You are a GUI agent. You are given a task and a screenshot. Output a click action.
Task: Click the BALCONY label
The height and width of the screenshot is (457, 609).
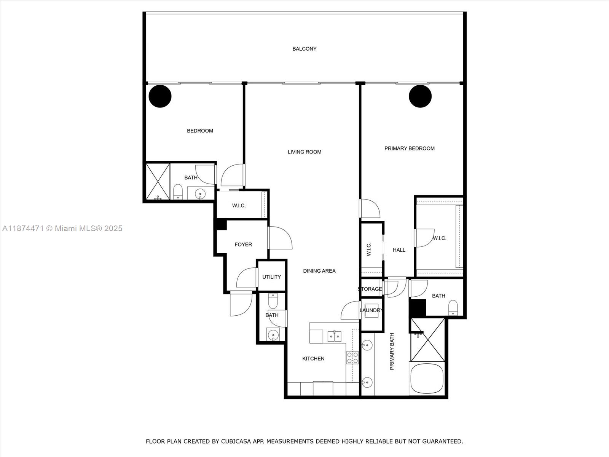pyautogui.click(x=304, y=49)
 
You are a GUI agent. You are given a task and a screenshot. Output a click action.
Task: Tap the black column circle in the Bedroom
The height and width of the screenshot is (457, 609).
pyautogui.click(x=160, y=96)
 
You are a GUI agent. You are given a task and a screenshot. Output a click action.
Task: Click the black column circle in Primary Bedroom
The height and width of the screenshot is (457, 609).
pyautogui.click(x=420, y=96)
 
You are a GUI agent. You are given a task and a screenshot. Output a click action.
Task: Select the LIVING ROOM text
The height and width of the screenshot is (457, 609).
pyautogui.click(x=304, y=152)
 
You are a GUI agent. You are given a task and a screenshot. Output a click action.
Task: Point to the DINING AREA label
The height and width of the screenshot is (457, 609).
pyautogui.click(x=319, y=271)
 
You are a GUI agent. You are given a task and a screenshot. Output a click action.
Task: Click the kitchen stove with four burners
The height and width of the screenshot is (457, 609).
pyautogui.click(x=352, y=358)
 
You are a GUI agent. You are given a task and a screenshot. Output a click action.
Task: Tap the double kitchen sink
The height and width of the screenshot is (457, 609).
pyautogui.click(x=335, y=336)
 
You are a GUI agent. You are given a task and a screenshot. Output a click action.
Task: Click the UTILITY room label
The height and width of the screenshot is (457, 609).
pyautogui.click(x=271, y=277)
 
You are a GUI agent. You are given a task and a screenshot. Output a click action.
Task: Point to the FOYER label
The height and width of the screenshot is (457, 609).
pyautogui.click(x=243, y=244)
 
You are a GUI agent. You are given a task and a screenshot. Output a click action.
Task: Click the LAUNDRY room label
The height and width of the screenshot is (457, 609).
pyautogui.click(x=371, y=310)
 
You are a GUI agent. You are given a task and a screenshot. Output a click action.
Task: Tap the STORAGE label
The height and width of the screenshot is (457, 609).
pyautogui.click(x=370, y=289)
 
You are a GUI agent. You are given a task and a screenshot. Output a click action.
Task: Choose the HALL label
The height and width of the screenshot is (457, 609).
pyautogui.click(x=399, y=250)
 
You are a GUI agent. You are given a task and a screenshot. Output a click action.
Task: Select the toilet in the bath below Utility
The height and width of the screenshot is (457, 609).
pyautogui.click(x=273, y=302)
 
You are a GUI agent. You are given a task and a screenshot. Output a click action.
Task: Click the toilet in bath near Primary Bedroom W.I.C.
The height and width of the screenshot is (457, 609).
pyautogui.click(x=453, y=308)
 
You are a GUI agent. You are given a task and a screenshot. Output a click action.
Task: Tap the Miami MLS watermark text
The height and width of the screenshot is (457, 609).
pyautogui.click(x=62, y=228)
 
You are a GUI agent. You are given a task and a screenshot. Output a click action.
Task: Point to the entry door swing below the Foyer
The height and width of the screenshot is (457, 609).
pyautogui.click(x=241, y=304)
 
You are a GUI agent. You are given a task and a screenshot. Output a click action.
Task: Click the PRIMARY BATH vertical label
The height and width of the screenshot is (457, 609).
pyautogui.click(x=392, y=352)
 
